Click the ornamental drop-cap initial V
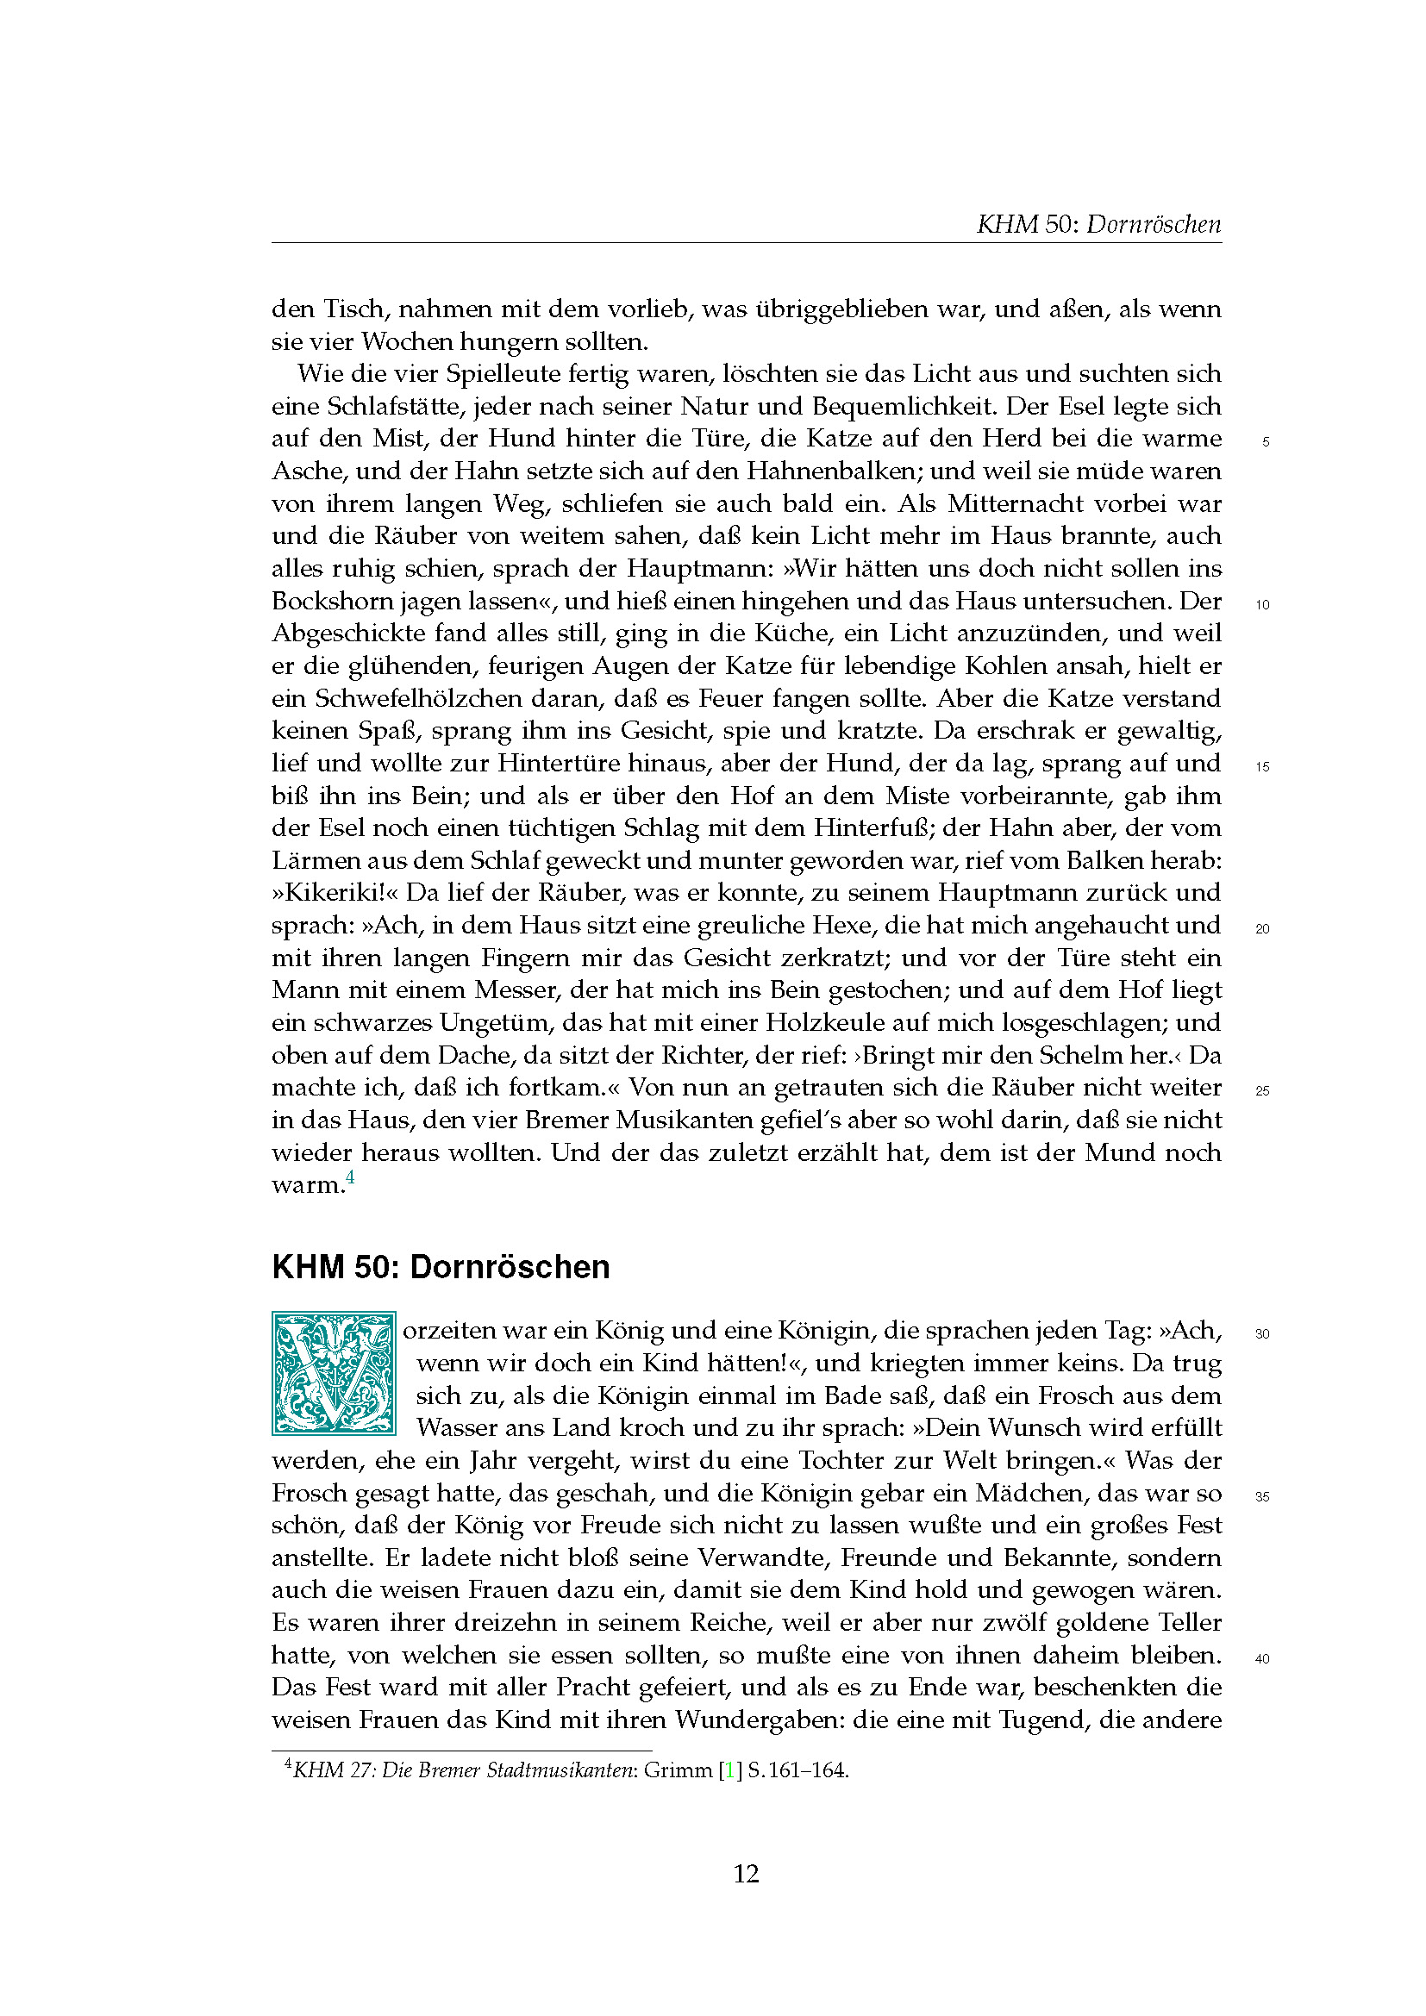click(x=334, y=1374)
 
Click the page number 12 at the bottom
click(x=746, y=1874)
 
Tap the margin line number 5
click(x=1266, y=442)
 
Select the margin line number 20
click(x=1263, y=929)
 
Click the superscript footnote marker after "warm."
click(x=350, y=1177)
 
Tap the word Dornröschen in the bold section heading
click(x=510, y=1267)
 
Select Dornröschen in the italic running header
click(x=1153, y=224)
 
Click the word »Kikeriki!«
click(x=335, y=893)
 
